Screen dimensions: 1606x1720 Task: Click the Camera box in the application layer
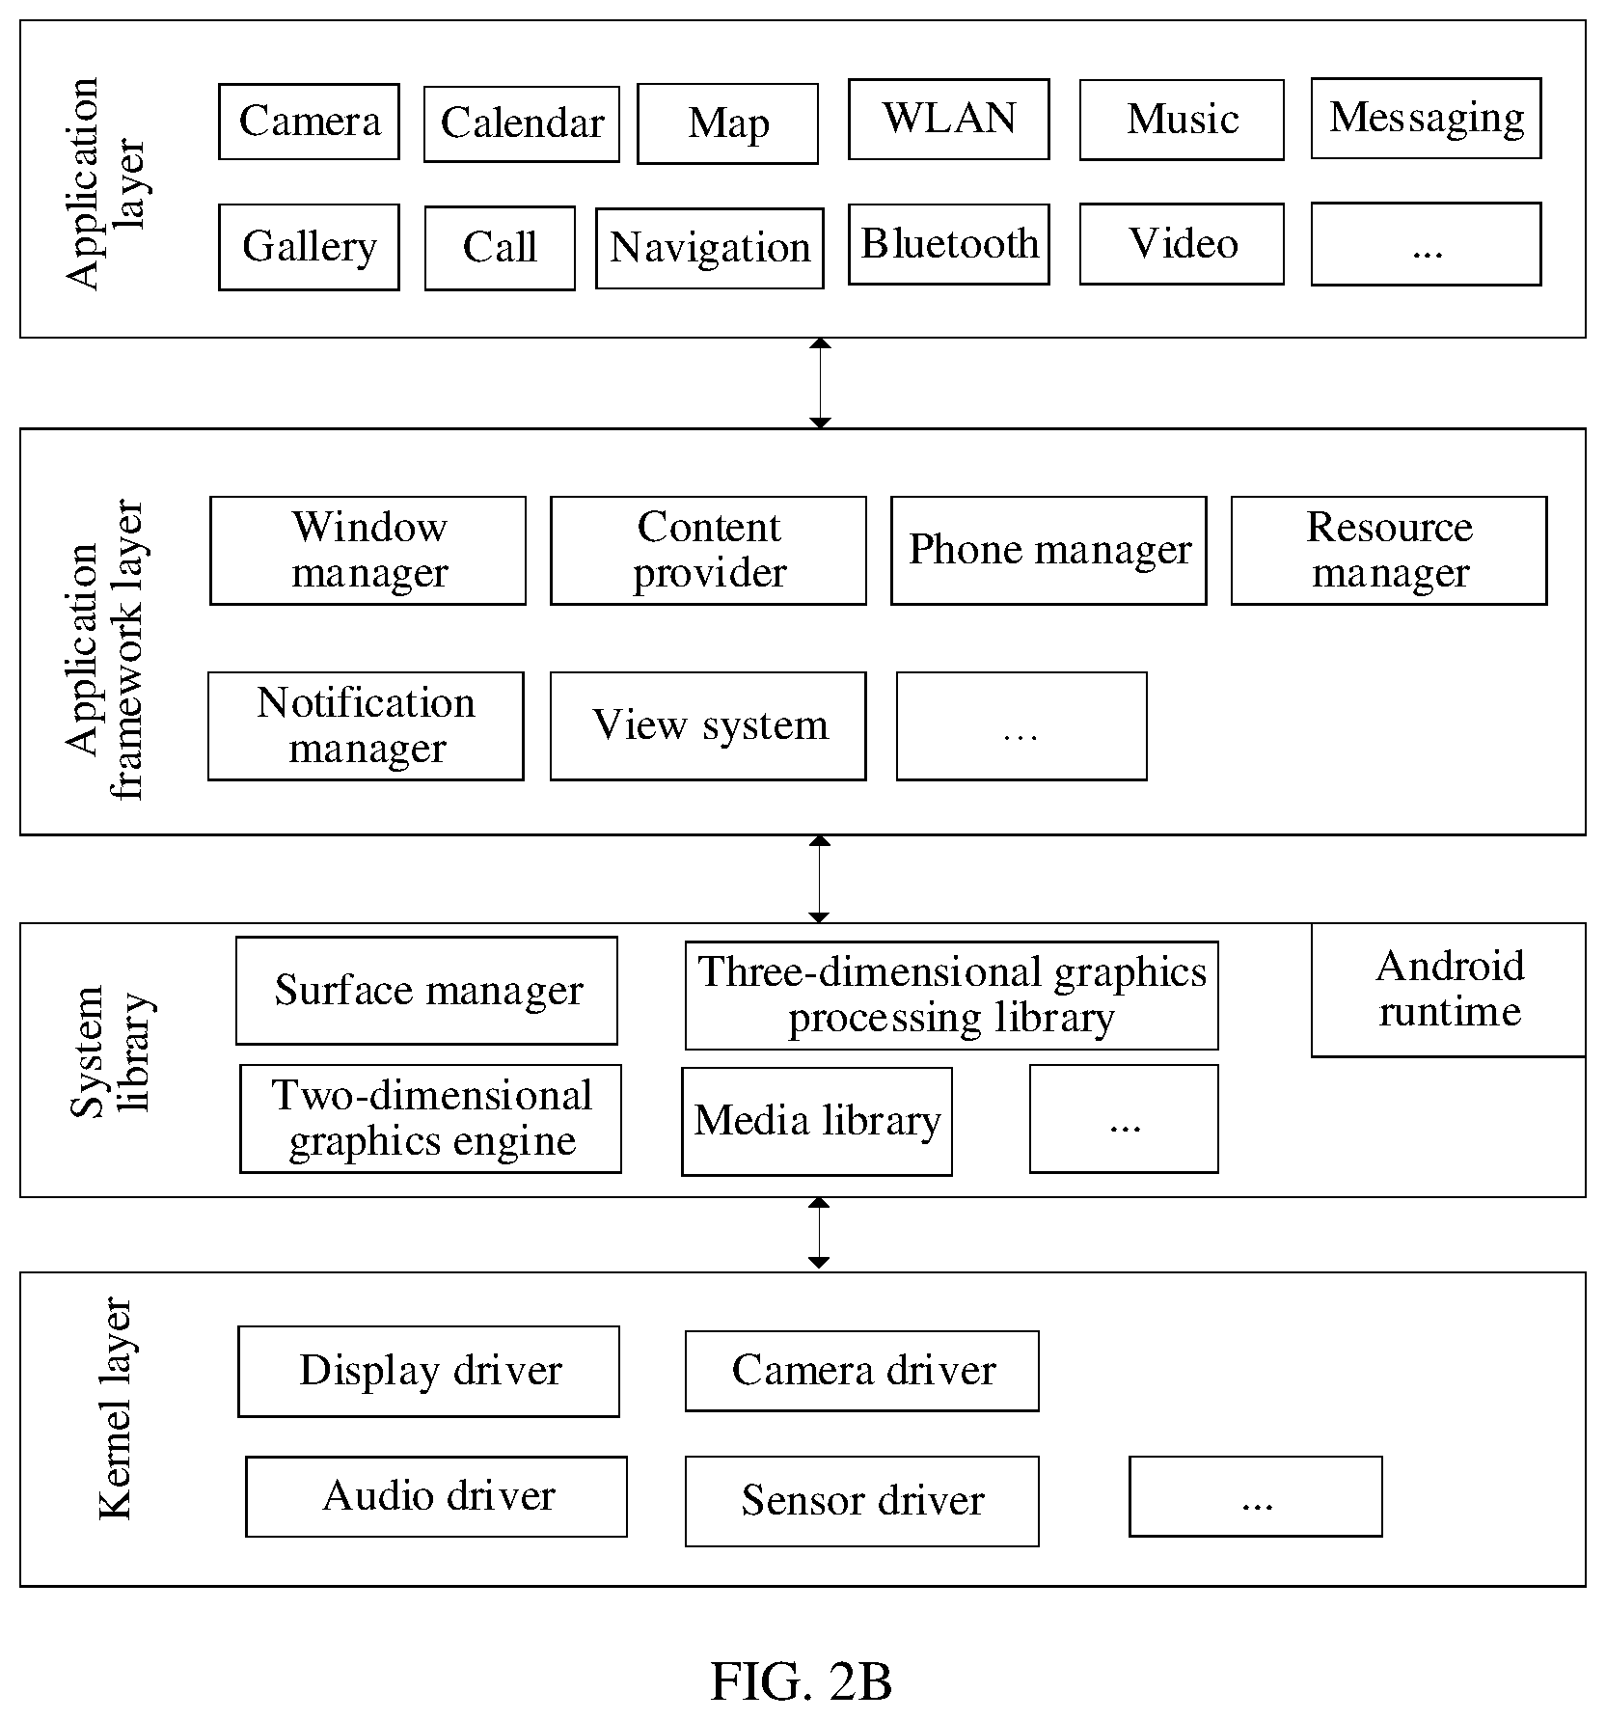[309, 122]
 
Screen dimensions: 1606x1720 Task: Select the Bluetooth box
[949, 244]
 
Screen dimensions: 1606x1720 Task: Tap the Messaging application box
[1426, 119]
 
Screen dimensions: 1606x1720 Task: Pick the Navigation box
[710, 248]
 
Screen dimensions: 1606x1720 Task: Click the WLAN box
[949, 119]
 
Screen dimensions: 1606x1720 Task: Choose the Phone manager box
[1048, 551]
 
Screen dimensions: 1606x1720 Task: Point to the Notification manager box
[366, 726]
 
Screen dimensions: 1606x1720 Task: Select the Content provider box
[708, 551]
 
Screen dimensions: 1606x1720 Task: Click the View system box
[708, 726]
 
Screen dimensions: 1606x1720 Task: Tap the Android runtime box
[1448, 990]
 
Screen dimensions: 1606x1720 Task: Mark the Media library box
[817, 1121]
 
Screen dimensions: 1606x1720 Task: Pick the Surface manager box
[426, 991]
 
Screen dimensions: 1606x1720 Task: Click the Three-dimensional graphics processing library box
[952, 996]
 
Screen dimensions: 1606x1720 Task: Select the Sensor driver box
[862, 1501]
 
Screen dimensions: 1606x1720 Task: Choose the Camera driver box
[862, 1371]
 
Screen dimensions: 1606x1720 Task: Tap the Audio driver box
[436, 1496]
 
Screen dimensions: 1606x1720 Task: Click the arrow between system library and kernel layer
[819, 1233]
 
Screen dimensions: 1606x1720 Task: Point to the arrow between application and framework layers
[820, 383]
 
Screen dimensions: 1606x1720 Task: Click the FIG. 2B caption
[802, 1680]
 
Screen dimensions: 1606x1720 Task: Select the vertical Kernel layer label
[116, 1408]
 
